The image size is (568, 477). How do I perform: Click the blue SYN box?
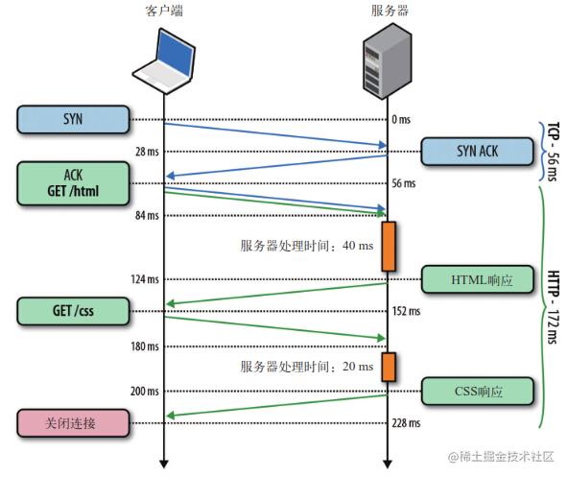click(73, 119)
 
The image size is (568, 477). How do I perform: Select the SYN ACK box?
click(477, 152)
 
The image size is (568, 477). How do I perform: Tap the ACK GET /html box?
click(73, 182)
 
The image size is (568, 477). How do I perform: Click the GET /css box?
click(73, 311)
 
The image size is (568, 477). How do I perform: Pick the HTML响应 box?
click(477, 279)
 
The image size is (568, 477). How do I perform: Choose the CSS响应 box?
click(477, 391)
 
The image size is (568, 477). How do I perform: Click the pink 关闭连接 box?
click(73, 422)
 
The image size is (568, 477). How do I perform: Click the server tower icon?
click(387, 61)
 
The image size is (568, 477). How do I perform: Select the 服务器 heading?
click(387, 11)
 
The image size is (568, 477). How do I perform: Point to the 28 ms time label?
click(147, 152)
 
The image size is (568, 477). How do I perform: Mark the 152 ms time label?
click(406, 311)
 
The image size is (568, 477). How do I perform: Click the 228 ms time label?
click(406, 423)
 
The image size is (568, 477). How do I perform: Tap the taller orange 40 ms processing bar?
click(389, 246)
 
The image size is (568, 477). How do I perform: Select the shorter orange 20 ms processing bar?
click(389, 366)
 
